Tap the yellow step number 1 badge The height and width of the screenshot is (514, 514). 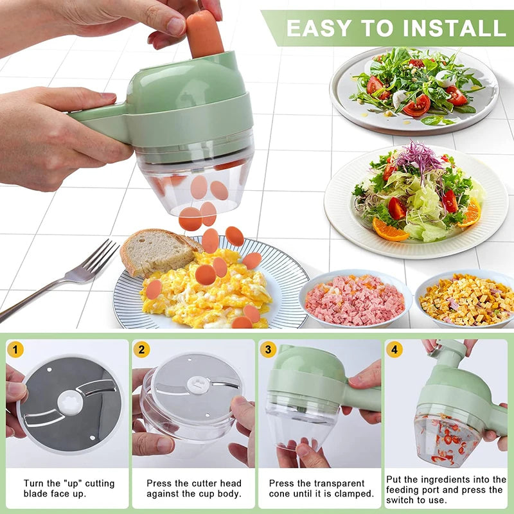[15, 350]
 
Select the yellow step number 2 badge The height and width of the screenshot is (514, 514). [141, 350]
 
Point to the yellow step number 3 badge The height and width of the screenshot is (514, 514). [268, 350]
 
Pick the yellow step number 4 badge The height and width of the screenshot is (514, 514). [394, 350]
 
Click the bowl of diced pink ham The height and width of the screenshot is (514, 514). [355, 300]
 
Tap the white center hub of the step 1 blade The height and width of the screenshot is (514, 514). [70, 403]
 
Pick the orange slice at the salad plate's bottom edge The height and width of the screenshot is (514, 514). [389, 230]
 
